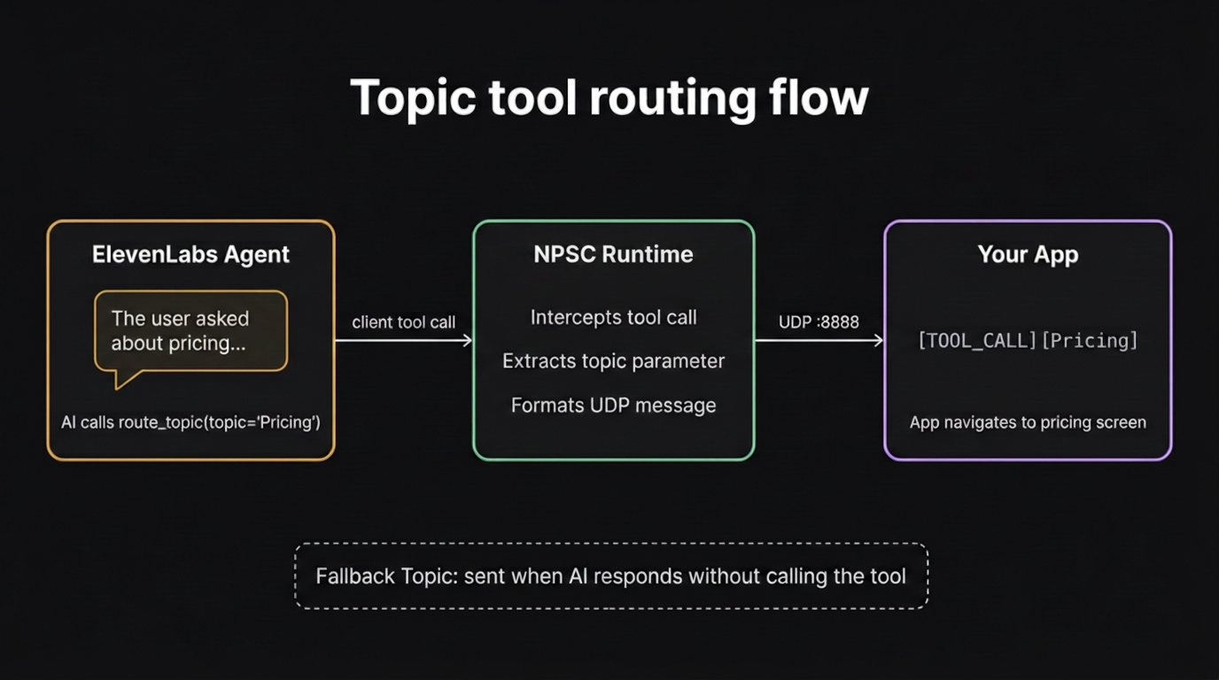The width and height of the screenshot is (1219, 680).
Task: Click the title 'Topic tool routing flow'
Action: tap(609, 97)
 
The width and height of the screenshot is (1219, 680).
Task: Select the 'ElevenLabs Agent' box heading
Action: tap(190, 254)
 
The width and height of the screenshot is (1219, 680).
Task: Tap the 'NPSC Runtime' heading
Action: tap(613, 254)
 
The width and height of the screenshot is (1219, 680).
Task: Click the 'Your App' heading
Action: tap(1028, 254)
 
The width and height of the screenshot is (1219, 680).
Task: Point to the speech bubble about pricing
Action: tap(190, 330)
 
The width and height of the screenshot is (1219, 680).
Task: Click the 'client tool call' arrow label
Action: tap(403, 322)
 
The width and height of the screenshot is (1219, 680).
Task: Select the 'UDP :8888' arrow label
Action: tap(819, 322)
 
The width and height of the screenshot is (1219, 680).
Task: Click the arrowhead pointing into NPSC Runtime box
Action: tap(467, 340)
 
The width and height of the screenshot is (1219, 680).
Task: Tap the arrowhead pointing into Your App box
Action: tap(878, 340)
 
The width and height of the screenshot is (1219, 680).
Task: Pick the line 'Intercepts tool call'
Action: tap(613, 317)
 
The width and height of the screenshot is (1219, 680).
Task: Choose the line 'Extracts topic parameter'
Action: tap(613, 361)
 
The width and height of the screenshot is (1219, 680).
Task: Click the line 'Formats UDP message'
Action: tap(613, 406)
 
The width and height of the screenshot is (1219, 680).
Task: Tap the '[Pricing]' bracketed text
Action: tap(1089, 341)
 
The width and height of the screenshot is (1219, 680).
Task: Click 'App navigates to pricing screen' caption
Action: tap(1028, 422)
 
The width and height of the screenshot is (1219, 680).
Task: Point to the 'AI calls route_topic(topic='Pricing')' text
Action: tap(190, 422)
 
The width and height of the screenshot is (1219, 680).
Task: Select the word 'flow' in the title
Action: tap(819, 97)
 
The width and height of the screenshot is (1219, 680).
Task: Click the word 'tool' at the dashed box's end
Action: tap(887, 576)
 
